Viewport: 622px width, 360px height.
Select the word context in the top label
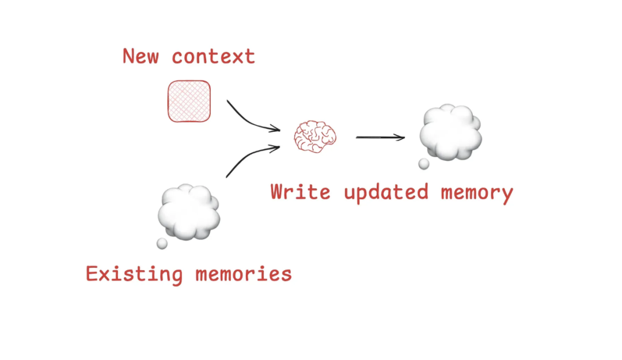(x=213, y=56)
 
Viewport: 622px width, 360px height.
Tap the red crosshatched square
(x=189, y=101)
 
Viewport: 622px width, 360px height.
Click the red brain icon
(x=314, y=137)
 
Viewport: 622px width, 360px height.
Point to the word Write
(x=300, y=191)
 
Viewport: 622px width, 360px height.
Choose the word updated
(x=386, y=191)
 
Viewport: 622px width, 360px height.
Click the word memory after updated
(x=476, y=192)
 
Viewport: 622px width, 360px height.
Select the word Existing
(x=134, y=273)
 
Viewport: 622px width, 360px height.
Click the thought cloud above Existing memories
(x=188, y=212)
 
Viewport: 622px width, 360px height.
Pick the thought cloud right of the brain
(x=450, y=132)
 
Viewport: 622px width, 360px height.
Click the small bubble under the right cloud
(x=424, y=164)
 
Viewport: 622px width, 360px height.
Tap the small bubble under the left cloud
(x=162, y=244)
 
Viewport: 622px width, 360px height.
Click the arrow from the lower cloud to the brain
(x=248, y=158)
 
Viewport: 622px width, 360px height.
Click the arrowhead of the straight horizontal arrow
(x=401, y=137)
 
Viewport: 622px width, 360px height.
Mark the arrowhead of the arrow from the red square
(x=276, y=130)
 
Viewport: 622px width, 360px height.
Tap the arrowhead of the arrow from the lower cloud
(x=276, y=147)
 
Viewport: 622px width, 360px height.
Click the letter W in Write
(x=279, y=191)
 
